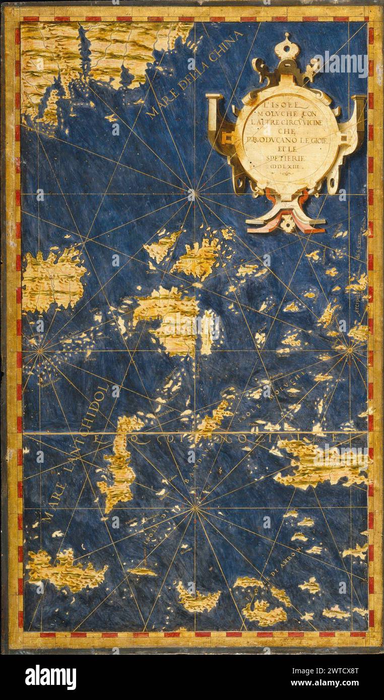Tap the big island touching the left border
coord(53,279)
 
